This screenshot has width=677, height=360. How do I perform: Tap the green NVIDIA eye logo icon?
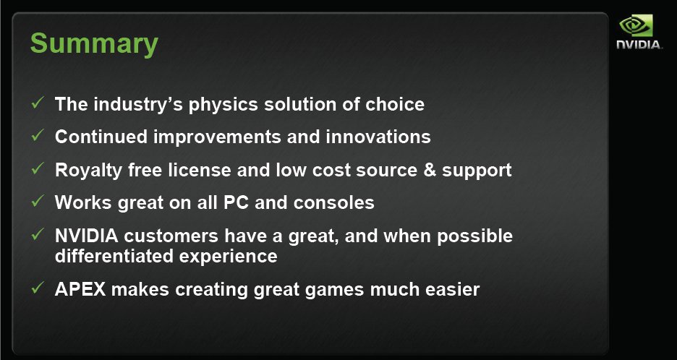point(636,25)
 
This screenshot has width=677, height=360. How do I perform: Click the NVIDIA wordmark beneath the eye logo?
point(639,45)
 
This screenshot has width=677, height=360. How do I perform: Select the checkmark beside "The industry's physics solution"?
point(38,103)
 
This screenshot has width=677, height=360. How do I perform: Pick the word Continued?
point(101,137)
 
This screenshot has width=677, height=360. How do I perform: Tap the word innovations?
point(378,137)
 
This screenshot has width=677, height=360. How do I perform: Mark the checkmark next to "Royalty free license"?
point(38,168)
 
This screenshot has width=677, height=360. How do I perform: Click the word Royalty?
point(88,171)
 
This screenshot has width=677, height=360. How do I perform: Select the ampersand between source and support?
point(430,170)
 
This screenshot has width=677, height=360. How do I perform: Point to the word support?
point(477,171)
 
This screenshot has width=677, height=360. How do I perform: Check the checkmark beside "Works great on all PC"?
point(38,200)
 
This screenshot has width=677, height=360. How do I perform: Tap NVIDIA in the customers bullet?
point(86,236)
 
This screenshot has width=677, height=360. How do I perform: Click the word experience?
point(228,257)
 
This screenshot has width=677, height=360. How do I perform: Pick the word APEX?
point(80,289)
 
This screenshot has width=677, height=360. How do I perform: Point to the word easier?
point(453,289)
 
